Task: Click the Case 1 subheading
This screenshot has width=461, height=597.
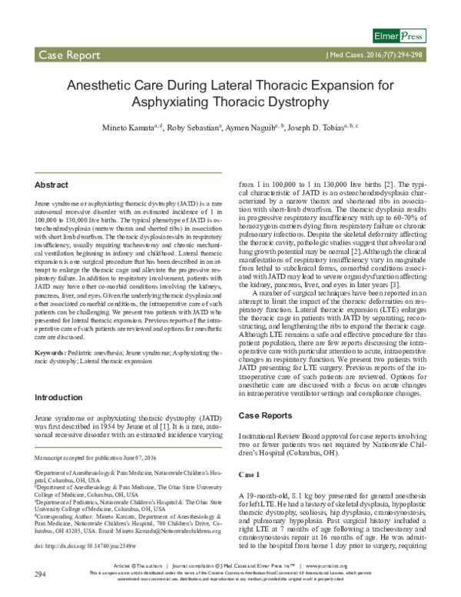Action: tap(251, 474)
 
